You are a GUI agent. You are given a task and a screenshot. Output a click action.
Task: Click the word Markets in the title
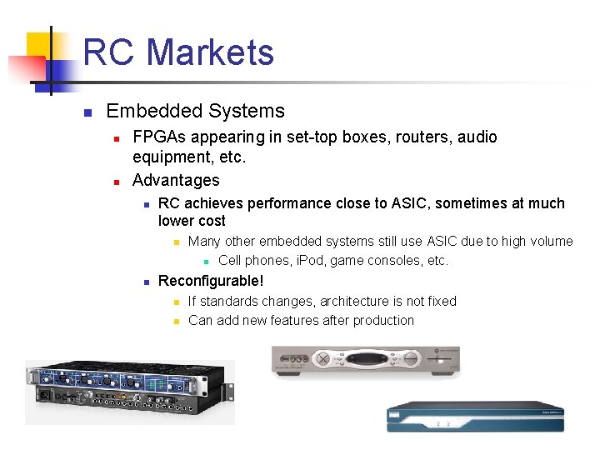click(211, 52)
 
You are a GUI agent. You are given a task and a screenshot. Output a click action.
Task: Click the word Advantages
click(176, 180)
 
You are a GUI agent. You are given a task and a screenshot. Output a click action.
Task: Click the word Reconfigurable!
click(211, 281)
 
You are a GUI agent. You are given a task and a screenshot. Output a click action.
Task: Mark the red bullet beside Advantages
click(117, 181)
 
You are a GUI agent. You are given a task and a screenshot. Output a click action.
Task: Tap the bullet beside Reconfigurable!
click(145, 282)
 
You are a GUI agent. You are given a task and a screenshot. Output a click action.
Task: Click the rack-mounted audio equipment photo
click(129, 392)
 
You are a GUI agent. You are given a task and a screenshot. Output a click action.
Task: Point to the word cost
click(209, 221)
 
